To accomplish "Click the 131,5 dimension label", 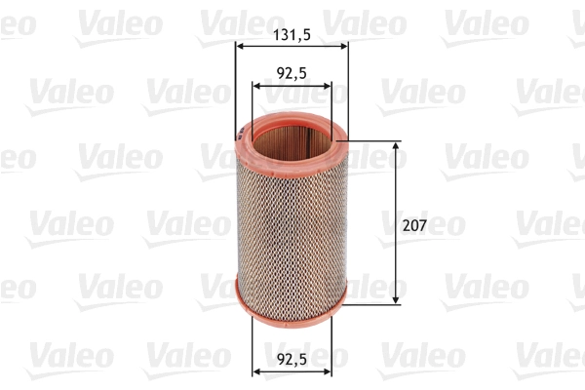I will point(292,33).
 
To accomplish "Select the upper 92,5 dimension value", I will point(292,71).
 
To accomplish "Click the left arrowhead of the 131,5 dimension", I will point(240,46).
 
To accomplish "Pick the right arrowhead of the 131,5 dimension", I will point(344,46).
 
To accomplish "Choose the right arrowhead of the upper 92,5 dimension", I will point(328,85).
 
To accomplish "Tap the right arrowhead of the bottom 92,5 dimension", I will point(328,370).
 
